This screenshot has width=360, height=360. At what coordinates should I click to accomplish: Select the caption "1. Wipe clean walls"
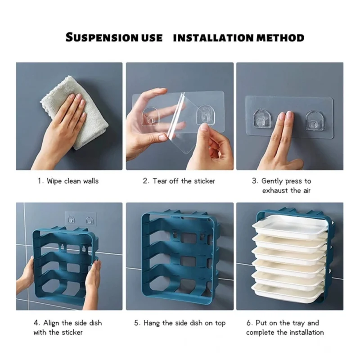coord(68,181)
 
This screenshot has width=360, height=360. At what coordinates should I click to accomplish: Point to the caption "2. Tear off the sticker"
coord(179,181)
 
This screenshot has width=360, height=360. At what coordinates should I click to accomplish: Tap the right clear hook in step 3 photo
coord(314,120)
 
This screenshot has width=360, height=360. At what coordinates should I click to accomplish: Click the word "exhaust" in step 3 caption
coord(276,190)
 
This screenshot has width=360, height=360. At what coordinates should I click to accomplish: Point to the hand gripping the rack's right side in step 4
coord(93,279)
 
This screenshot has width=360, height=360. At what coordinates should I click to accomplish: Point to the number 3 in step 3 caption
coord(254,181)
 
